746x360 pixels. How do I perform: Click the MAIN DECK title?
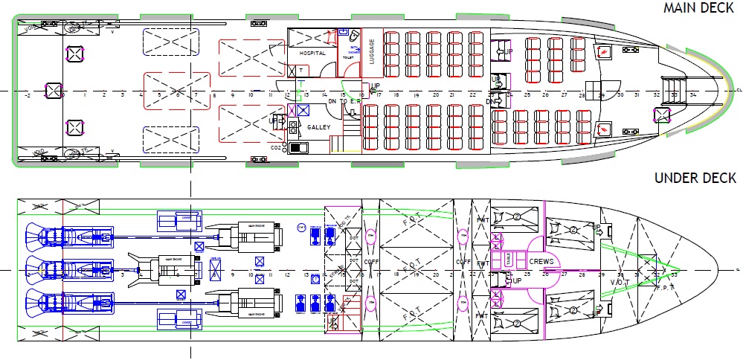coord(698,8)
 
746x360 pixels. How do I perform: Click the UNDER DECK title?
coord(695,179)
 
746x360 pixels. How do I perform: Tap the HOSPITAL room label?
coord(312,54)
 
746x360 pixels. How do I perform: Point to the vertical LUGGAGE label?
coord(372,52)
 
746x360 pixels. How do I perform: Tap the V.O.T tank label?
coord(620,282)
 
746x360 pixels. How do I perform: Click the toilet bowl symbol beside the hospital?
coord(353,36)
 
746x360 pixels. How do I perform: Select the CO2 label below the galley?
coord(277,148)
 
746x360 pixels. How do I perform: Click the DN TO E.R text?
coord(346,101)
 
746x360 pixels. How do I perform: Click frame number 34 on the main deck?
coord(692,95)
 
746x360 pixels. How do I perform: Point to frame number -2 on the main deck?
coord(28,95)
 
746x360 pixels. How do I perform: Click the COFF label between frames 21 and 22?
coord(462,262)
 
